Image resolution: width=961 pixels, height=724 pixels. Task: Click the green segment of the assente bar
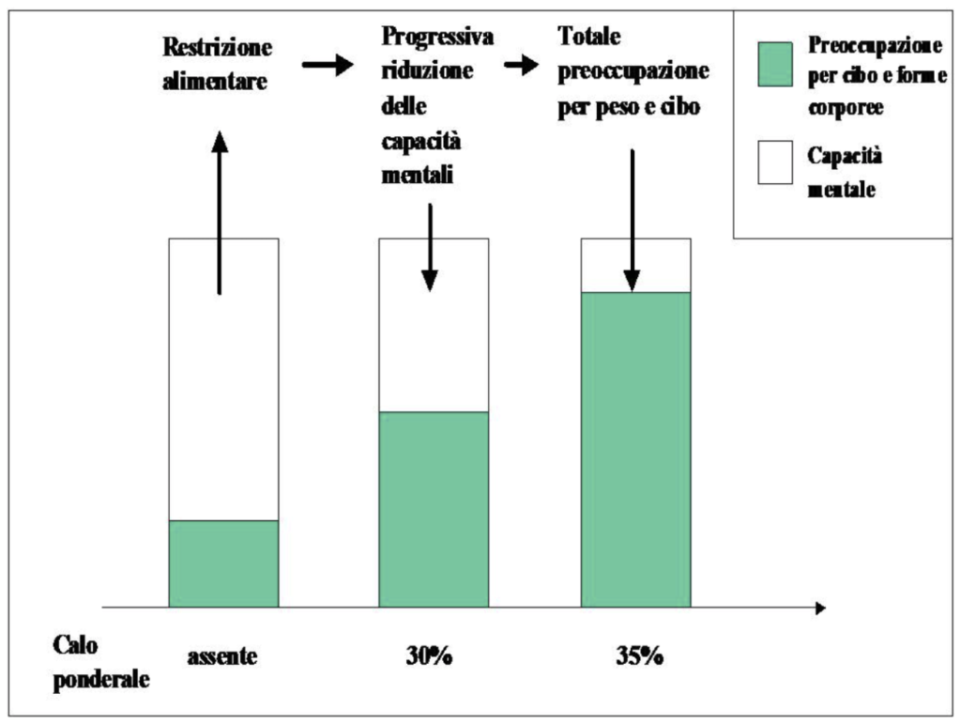click(x=223, y=563)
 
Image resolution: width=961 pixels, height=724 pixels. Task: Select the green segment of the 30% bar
click(x=434, y=509)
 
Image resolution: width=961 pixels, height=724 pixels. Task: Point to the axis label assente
click(x=221, y=655)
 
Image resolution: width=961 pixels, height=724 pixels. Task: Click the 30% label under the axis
click(x=430, y=655)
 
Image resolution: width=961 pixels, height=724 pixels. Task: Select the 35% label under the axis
click(x=640, y=655)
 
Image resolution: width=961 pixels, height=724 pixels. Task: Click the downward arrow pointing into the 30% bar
click(x=429, y=246)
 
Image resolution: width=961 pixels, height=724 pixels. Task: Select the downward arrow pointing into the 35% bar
click(x=632, y=220)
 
